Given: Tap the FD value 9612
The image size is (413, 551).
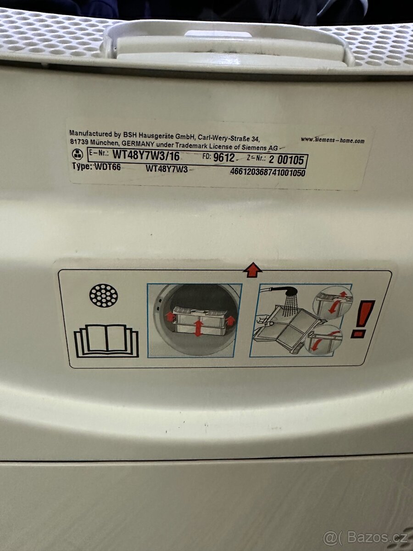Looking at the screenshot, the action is tap(224, 157).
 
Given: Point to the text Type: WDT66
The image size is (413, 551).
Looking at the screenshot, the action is tap(96, 167).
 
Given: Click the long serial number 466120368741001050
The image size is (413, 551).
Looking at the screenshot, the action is tap(268, 173).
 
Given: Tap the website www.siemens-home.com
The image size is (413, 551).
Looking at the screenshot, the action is tap(333, 140).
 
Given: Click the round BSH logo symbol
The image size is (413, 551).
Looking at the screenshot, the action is tap(78, 155).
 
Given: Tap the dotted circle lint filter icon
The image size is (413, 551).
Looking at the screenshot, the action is tap(104, 296).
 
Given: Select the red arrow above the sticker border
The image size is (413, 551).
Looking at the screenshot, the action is tap(252, 270).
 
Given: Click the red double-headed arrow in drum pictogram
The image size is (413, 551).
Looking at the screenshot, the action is tap(199, 327).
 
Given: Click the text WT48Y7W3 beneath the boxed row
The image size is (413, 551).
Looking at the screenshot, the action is tap(167, 169).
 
